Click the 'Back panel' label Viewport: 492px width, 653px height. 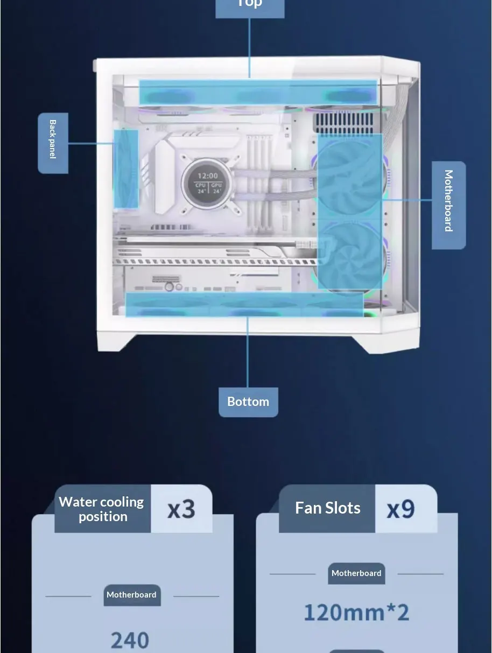pos(53,143)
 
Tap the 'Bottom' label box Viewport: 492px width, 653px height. pos(248,402)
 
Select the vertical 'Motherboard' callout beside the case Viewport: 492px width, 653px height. pos(448,205)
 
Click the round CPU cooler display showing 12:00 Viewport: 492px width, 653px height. pos(208,183)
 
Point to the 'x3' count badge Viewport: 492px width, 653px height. pos(181,509)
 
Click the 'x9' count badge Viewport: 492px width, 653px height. pos(401,508)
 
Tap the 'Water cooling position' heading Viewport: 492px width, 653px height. pos(102,509)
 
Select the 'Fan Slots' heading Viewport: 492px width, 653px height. pos(327,508)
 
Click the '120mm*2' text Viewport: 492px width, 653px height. pos(356,612)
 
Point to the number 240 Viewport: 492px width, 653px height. pos(130,640)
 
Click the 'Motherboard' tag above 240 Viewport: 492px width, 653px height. pos(132,595)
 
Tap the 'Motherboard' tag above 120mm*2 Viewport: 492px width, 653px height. pos(356,573)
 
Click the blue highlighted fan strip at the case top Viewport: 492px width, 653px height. pos(258,92)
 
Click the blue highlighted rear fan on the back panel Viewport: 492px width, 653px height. pos(126,168)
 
